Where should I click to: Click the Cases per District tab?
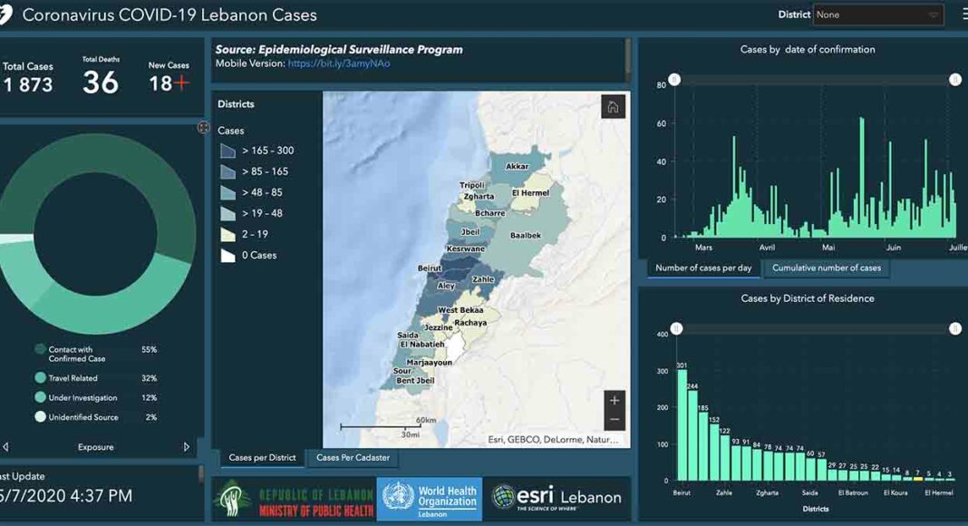262,458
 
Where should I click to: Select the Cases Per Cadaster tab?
353,458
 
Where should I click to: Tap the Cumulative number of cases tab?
827,268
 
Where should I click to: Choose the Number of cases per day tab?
703,268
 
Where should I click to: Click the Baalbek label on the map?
526,236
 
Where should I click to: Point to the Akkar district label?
517,167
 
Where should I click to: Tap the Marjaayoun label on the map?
428,362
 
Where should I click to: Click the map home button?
613,107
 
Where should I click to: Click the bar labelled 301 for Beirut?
682,424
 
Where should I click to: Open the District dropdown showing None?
878,15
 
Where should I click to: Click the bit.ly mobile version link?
339,64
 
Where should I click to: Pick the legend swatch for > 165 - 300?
227,151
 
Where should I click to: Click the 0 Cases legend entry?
258,256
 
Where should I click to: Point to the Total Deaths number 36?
101,83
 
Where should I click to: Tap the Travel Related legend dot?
40,378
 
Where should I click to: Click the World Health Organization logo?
430,498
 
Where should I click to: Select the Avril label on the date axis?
767,247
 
